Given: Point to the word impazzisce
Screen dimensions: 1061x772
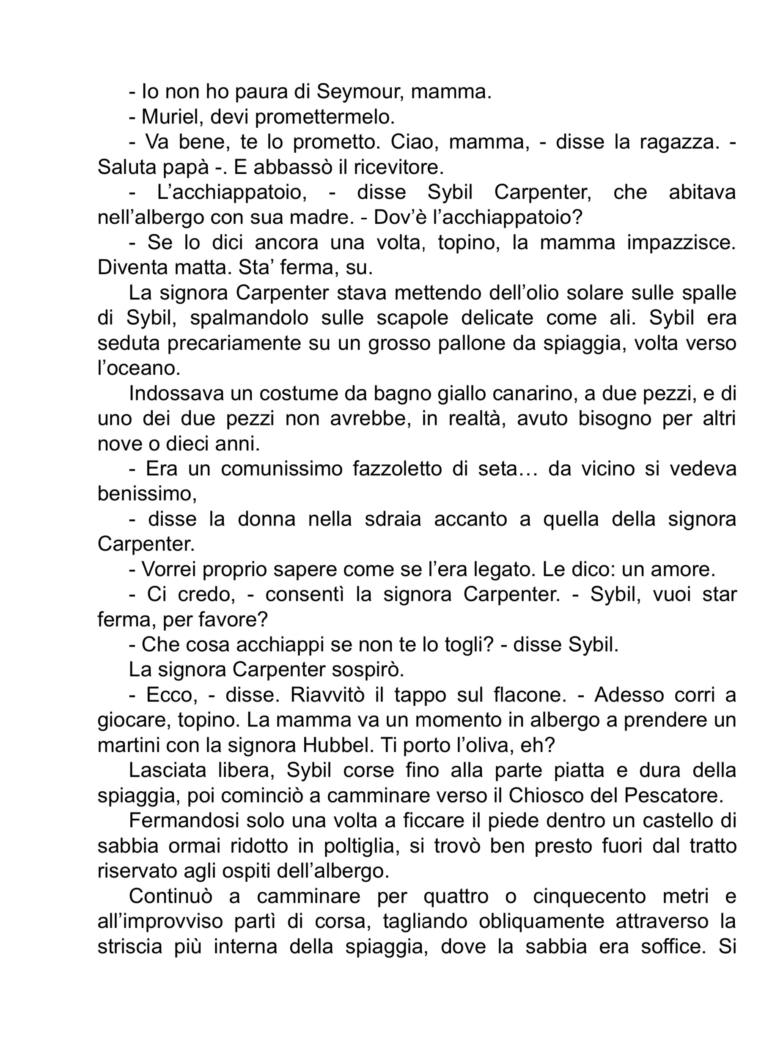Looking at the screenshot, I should pyautogui.click(x=681, y=243).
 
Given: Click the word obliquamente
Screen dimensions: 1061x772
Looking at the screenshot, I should pyautogui.click(x=521, y=921).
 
